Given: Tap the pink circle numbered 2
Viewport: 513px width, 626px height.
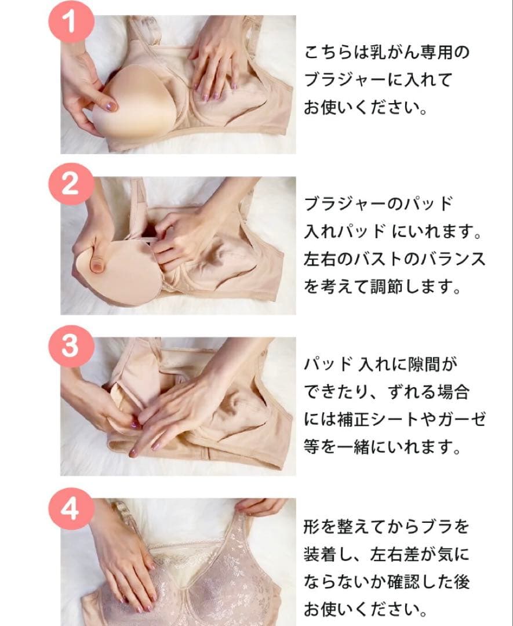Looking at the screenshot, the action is [x=71, y=184].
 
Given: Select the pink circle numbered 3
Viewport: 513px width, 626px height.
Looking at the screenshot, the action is [x=71, y=345].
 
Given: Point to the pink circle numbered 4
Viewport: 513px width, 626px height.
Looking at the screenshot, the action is [x=71, y=508].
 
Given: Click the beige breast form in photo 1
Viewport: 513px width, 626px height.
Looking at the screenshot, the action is [x=132, y=103].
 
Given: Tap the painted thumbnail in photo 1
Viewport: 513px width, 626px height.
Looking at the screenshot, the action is [x=111, y=106].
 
